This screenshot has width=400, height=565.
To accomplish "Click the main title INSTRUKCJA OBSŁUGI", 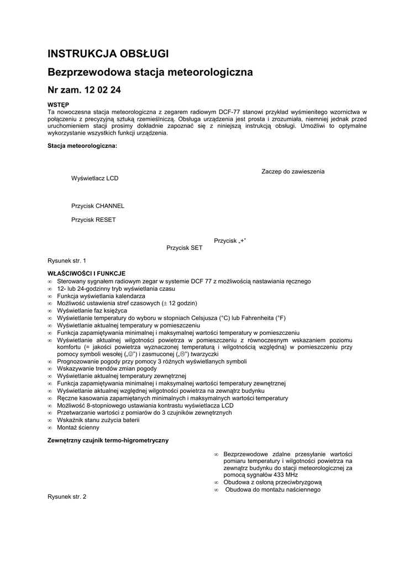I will (108, 54).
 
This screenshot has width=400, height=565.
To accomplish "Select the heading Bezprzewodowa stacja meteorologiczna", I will (150, 72).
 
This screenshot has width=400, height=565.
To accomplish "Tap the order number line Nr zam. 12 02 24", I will (85, 89).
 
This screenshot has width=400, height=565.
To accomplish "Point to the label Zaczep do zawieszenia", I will (293, 172).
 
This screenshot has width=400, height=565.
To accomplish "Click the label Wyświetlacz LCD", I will (94, 179).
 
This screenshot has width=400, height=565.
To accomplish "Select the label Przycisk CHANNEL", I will (98, 206).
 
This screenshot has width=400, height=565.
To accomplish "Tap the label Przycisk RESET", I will (93, 220).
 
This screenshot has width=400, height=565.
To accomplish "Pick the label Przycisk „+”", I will (230, 240).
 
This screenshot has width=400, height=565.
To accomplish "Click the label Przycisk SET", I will (185, 248).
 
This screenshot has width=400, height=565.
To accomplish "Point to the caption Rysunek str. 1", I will (67, 260).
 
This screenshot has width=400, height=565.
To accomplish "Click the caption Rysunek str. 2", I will (67, 497).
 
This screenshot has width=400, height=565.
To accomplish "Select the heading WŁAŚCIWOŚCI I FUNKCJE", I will (87, 273).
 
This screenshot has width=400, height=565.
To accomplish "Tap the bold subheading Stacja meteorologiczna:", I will (82, 146).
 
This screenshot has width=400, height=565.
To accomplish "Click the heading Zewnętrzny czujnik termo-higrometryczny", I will (108, 440).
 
